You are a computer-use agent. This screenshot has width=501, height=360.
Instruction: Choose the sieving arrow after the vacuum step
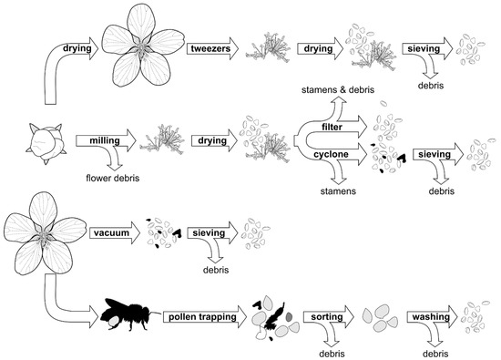coord(213,233)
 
